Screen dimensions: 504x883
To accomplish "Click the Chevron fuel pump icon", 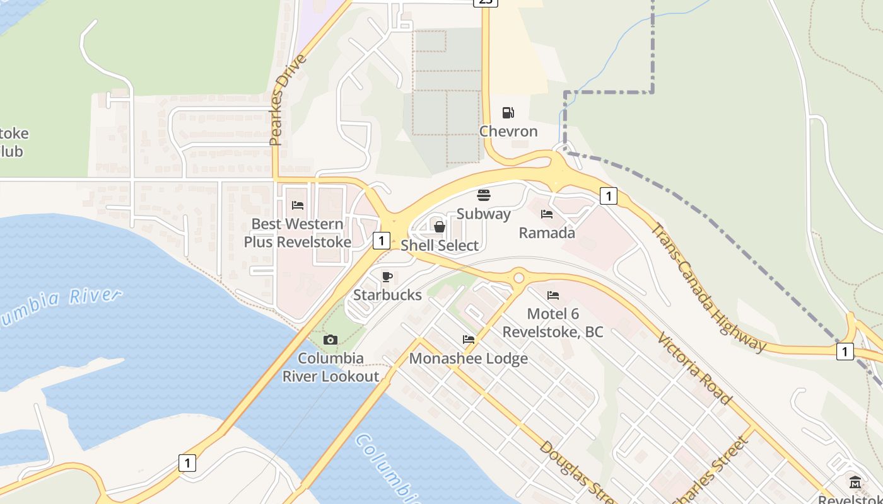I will coord(508,113).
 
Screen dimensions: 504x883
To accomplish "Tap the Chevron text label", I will coord(508,131).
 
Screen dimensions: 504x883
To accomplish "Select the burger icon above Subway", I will coord(484,195).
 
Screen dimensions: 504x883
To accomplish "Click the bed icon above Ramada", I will coord(547,214).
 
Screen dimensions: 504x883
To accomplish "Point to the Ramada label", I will coord(547,232).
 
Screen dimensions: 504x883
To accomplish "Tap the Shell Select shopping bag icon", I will coord(440,226).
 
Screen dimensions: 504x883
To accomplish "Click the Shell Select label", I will coord(440,245).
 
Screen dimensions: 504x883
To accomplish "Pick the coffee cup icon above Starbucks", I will coord(387,277).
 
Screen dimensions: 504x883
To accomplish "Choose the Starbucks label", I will coord(387,295).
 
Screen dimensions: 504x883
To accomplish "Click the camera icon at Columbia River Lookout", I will coord(330,340).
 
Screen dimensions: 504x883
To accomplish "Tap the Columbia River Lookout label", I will coord(331,367).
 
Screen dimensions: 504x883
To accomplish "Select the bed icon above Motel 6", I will coord(553,295).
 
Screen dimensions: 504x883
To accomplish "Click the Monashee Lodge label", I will coord(469,358).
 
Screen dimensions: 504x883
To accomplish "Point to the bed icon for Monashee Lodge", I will coord(469,340).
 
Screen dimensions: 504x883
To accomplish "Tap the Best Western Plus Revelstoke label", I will coord(298,232).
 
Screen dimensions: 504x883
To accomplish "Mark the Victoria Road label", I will coord(694,369).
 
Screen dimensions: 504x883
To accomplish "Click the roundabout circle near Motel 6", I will coord(518,277).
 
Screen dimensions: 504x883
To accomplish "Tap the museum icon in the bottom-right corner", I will coord(855,483).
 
